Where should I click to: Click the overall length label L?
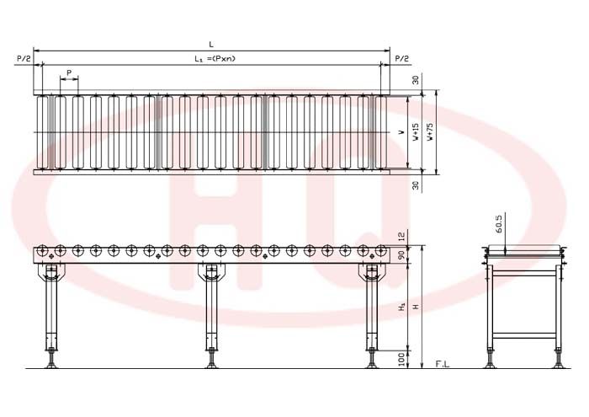click(211, 45)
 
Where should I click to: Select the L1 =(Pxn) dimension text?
click(215, 58)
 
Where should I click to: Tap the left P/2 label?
click(24, 59)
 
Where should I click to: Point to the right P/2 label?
click(401, 59)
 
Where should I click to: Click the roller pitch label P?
click(69, 72)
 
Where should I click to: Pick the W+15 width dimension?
click(416, 132)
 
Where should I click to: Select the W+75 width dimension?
click(430, 132)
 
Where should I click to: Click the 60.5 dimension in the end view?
click(499, 224)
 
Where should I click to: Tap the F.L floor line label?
click(442, 364)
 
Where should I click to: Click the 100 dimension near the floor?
click(401, 360)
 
